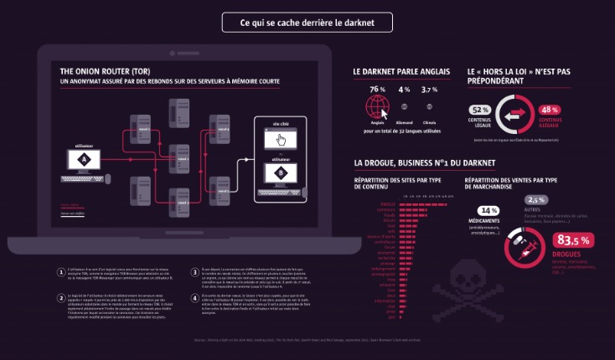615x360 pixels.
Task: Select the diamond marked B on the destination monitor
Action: (x=279, y=173)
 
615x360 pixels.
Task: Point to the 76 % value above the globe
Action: (x=376, y=90)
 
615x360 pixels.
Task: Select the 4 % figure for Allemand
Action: (x=404, y=90)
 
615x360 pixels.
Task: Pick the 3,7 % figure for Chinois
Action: (x=430, y=90)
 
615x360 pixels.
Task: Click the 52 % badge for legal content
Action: (x=480, y=110)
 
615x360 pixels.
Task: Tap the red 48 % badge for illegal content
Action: (x=550, y=110)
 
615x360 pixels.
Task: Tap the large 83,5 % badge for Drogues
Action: (x=574, y=240)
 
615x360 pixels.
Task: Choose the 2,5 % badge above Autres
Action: (x=537, y=200)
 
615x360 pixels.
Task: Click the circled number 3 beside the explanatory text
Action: (x=194, y=272)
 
